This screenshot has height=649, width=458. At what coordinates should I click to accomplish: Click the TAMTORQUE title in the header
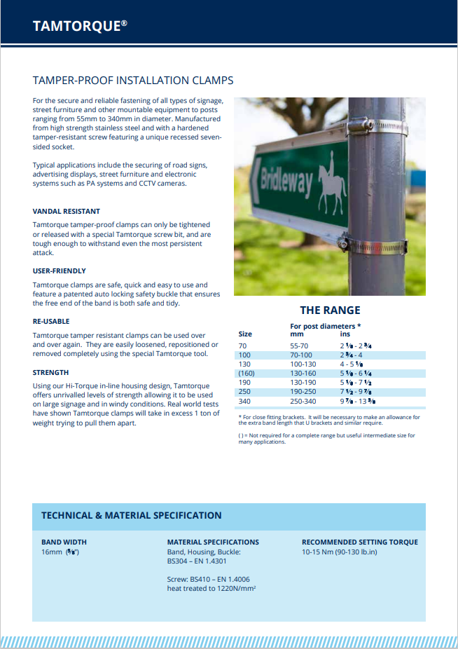(x=80, y=26)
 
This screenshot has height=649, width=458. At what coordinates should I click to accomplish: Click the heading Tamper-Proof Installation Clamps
(x=133, y=81)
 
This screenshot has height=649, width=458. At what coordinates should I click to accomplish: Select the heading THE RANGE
(x=330, y=310)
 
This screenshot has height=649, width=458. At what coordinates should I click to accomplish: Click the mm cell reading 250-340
(x=303, y=401)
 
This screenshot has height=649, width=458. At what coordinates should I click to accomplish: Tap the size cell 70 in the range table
(x=243, y=346)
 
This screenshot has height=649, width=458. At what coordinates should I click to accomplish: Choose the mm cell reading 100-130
(x=303, y=364)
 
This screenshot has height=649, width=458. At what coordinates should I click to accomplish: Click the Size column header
(x=245, y=334)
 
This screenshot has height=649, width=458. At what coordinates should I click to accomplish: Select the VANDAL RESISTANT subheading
(x=67, y=211)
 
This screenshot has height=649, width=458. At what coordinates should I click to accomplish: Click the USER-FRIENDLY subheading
(x=60, y=271)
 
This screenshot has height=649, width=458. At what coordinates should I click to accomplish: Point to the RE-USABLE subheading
(x=51, y=320)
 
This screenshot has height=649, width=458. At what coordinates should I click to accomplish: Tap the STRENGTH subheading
(x=50, y=372)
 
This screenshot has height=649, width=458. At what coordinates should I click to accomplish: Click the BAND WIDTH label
(x=64, y=542)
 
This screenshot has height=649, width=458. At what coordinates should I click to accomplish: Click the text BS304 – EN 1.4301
(x=198, y=561)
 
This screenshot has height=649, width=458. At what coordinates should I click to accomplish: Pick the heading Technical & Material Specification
(x=132, y=515)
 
